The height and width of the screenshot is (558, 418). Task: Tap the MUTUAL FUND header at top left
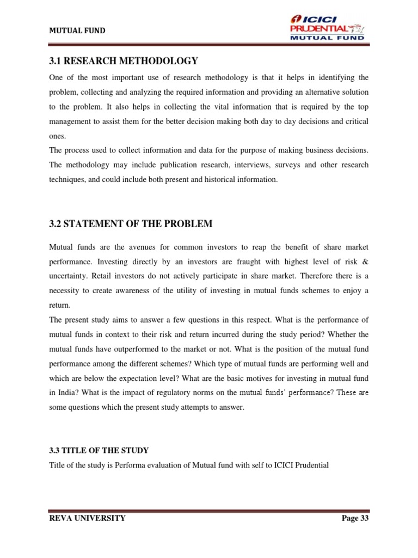click(77, 31)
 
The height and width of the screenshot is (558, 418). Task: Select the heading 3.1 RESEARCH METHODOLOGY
click(123, 60)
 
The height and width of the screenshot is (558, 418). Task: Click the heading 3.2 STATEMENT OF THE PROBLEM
click(131, 224)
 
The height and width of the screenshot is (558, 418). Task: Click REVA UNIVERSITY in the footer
click(87, 518)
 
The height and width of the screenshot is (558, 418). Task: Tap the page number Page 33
click(355, 518)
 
